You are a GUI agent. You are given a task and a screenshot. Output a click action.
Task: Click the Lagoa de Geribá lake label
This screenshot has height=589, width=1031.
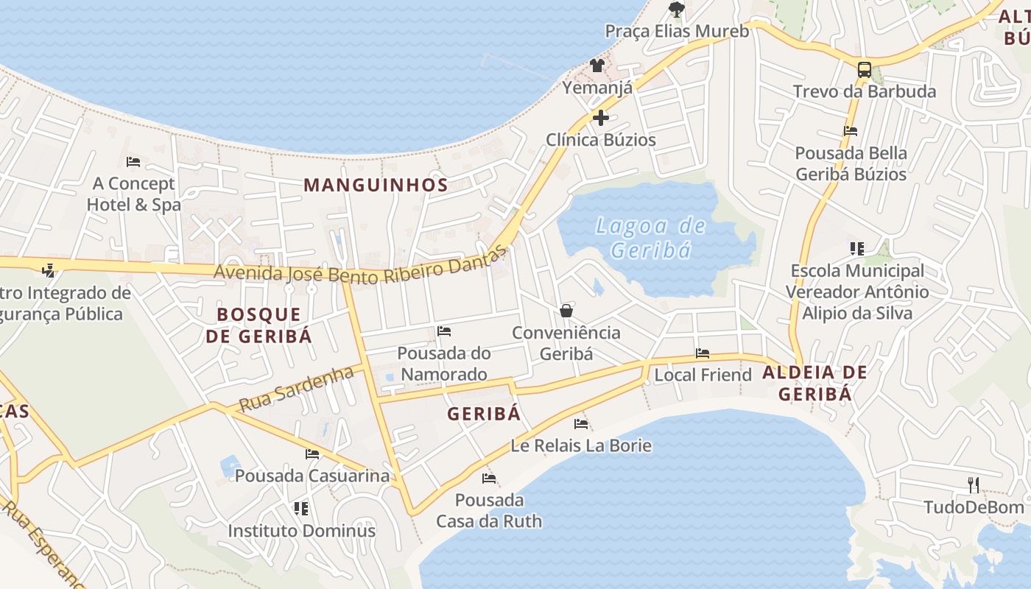650,237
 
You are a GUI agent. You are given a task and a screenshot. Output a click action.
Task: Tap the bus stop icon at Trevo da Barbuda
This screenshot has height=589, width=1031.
865,70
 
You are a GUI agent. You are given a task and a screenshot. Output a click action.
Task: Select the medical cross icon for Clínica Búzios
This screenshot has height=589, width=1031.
601,118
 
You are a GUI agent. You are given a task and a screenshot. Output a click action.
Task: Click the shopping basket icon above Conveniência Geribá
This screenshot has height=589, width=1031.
566,311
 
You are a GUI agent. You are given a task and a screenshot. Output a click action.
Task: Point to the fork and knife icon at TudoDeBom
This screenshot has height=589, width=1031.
974,484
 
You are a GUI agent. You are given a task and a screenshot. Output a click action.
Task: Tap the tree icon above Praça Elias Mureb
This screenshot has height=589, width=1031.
676,10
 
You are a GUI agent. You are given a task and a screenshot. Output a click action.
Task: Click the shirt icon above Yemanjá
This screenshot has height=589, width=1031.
597,66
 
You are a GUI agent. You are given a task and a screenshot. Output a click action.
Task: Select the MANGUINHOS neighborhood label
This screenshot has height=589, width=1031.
376,185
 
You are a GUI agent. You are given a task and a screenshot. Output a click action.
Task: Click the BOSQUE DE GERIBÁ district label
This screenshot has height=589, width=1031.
258,325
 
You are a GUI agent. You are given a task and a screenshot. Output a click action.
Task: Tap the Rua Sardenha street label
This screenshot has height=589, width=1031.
296,389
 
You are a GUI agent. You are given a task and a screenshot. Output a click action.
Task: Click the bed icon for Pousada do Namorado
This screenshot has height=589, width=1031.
444,331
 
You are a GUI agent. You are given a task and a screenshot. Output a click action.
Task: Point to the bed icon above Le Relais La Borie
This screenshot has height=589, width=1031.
581,423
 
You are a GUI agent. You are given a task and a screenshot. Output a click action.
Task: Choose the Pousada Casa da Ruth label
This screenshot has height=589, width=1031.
489,511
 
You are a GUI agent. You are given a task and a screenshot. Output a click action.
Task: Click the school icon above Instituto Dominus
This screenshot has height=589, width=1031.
300,508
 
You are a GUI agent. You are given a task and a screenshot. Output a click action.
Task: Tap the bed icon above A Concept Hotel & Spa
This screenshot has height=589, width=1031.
133,161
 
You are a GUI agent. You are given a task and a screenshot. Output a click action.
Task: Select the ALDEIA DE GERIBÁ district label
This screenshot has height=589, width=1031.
814,383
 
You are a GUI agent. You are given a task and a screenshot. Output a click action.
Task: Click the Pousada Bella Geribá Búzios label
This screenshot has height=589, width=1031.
851,163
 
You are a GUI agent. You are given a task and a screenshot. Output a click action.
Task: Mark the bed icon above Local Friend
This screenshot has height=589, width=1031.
703,353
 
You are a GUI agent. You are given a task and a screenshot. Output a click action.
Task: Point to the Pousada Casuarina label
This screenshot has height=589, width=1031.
312,476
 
